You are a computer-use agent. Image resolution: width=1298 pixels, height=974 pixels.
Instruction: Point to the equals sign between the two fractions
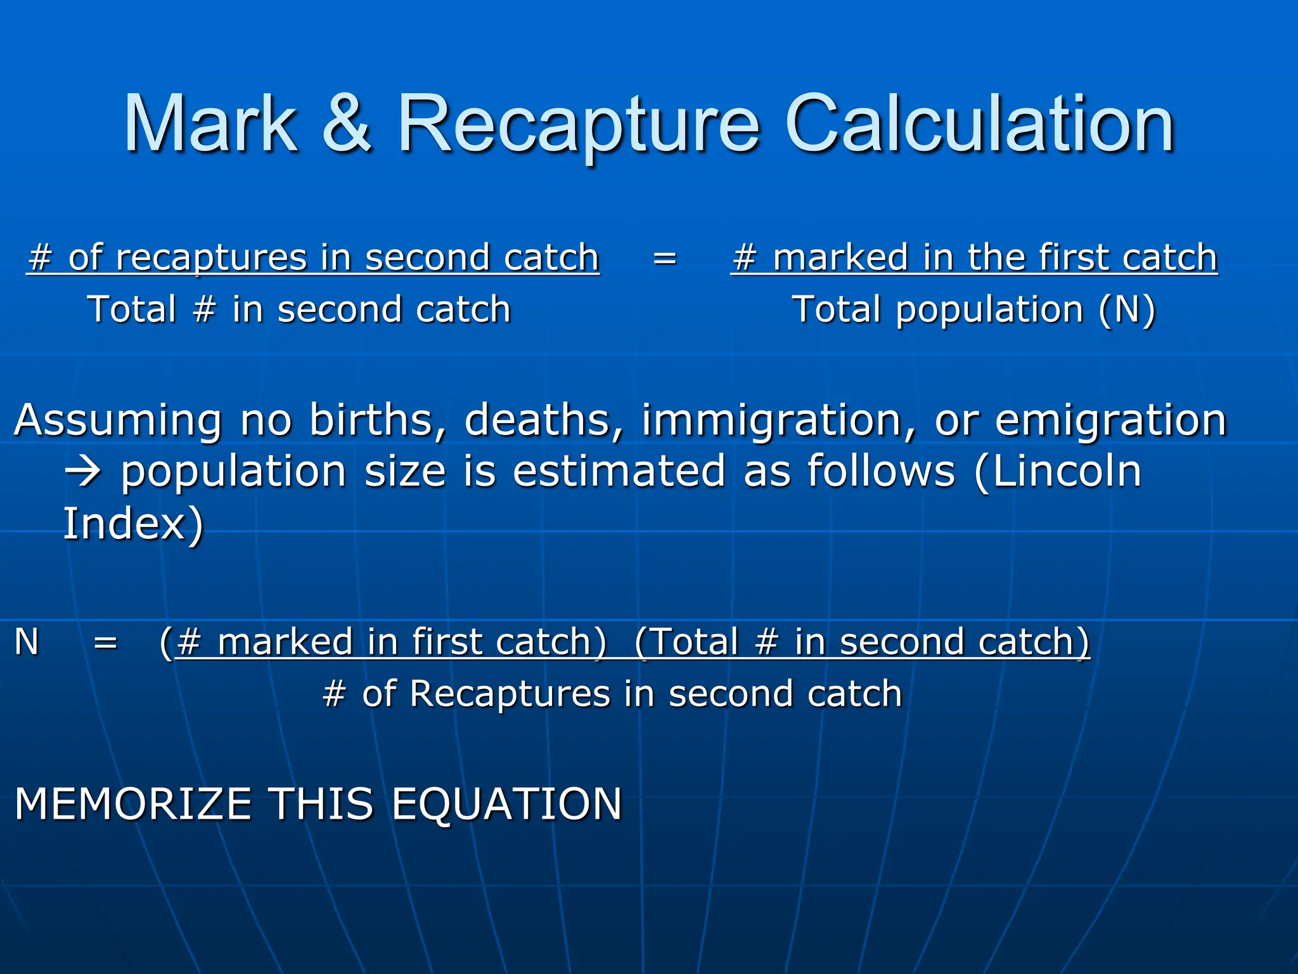coord(664,258)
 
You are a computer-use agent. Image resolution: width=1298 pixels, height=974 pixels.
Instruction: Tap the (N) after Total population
coord(1127,310)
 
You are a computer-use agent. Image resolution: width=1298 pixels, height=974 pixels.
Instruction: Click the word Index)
coord(133,524)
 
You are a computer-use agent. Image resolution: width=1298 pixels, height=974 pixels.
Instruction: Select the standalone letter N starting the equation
coord(27,642)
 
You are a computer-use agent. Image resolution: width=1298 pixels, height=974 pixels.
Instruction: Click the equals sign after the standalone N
coord(105,642)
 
